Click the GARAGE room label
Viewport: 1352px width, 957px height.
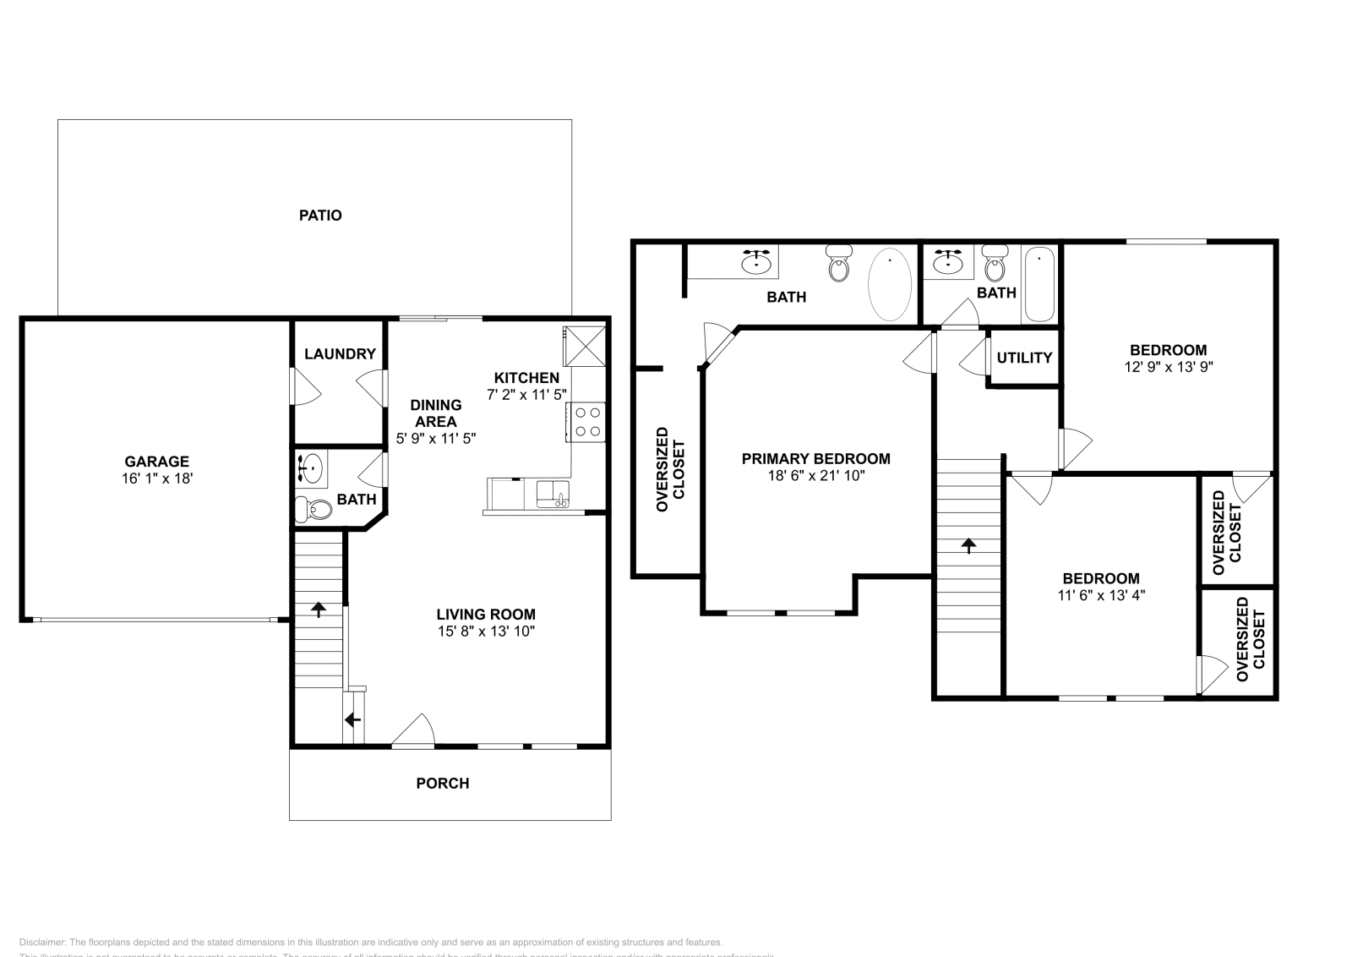pyautogui.click(x=156, y=462)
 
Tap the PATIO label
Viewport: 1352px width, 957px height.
pyautogui.click(x=320, y=216)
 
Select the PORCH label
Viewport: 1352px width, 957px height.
pyautogui.click(x=442, y=784)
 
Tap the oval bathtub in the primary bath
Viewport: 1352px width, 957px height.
pyautogui.click(x=890, y=283)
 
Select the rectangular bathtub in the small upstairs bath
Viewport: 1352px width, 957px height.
pyautogui.click(x=1039, y=285)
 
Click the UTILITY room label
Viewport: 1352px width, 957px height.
pyautogui.click(x=1024, y=358)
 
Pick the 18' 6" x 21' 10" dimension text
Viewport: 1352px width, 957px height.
pyautogui.click(x=815, y=476)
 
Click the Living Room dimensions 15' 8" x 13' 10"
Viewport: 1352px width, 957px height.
pyautogui.click(x=486, y=632)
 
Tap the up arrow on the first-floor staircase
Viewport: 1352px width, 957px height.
pyautogui.click(x=319, y=609)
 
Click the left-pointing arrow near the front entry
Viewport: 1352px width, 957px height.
pyautogui.click(x=352, y=720)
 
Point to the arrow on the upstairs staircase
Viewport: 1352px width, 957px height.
pyautogui.click(x=968, y=545)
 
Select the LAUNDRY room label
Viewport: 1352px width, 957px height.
pyautogui.click(x=340, y=354)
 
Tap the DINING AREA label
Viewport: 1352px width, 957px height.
pyautogui.click(x=436, y=413)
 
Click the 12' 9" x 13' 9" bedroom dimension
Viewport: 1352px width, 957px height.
pyautogui.click(x=1169, y=367)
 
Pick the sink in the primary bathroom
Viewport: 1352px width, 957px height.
pyautogui.click(x=756, y=264)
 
